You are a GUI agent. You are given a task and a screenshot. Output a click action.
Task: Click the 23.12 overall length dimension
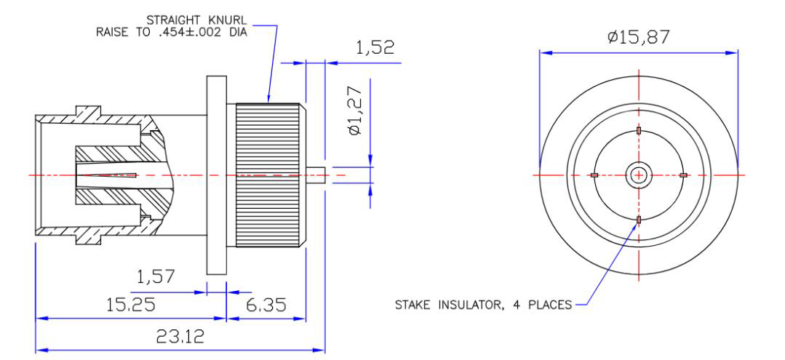[180, 336]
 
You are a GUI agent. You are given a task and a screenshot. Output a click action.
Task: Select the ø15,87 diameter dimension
[639, 36]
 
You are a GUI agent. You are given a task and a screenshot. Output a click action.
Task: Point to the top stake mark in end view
[639, 131]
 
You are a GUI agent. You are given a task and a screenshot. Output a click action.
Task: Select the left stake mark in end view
[594, 175]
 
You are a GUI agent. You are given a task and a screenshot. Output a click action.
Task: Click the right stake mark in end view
[683, 175]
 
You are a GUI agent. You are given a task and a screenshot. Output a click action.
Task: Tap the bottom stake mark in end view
[639, 220]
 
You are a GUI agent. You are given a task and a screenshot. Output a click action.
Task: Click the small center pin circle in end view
[639, 175]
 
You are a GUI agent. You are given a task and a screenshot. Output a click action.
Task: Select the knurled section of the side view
[266, 175]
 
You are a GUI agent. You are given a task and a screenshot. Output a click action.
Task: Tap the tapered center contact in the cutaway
[109, 175]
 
